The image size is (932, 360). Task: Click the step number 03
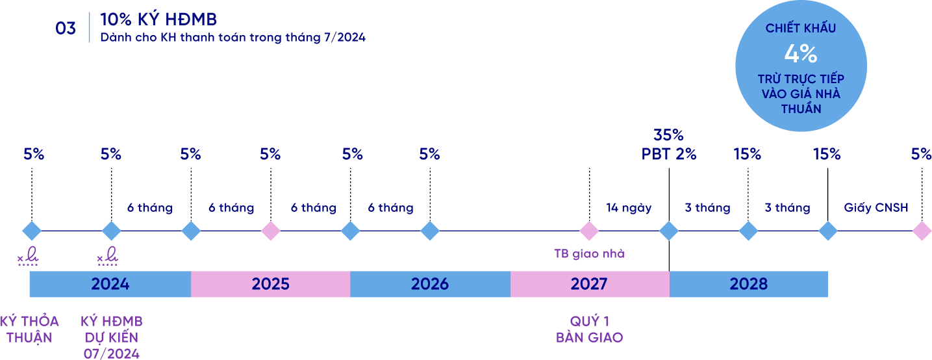tap(66, 29)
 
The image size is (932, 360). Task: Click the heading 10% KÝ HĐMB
tap(158, 19)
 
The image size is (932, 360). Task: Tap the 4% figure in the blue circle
tap(801, 54)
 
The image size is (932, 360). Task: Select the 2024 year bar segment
tap(110, 284)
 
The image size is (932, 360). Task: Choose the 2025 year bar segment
tap(270, 284)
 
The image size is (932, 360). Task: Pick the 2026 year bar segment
tap(430, 284)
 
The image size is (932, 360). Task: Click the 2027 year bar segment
tap(590, 284)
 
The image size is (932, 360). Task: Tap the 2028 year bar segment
tap(748, 284)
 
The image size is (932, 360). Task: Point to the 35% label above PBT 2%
tap(668, 135)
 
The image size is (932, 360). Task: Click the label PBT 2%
tap(668, 155)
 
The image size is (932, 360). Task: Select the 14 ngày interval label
tap(629, 208)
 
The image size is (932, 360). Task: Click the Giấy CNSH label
tap(876, 207)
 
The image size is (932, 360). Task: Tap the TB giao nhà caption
tap(589, 253)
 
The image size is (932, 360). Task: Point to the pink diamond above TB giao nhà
tap(589, 231)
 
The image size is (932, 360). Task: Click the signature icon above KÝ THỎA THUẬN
tap(28, 256)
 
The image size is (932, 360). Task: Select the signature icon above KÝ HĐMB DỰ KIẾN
tap(108, 256)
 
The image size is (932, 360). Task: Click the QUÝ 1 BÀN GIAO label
tap(590, 329)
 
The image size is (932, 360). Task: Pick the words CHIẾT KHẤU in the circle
tap(801, 28)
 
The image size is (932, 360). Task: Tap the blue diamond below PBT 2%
tap(669, 231)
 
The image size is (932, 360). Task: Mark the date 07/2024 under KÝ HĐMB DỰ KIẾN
tap(112, 354)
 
